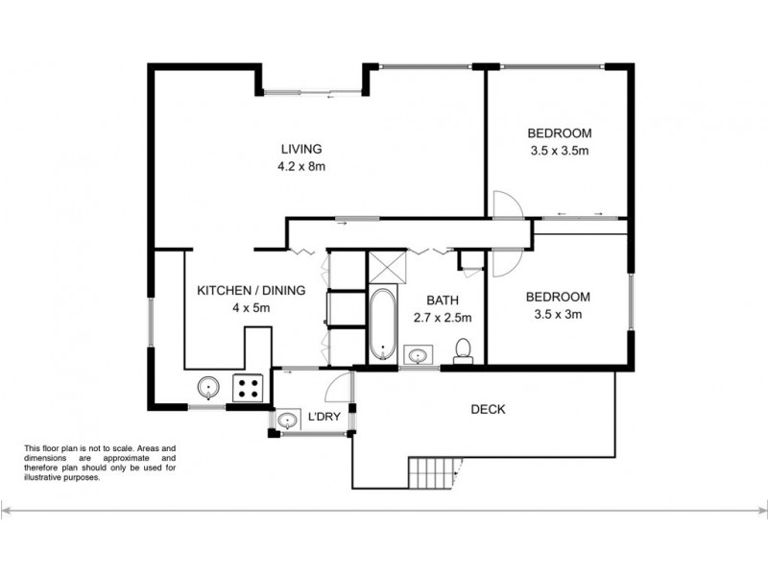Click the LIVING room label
click(300, 149)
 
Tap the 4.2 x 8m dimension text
click(300, 166)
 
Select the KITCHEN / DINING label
click(251, 290)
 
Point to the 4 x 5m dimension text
click(251, 308)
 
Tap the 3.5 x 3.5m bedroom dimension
click(559, 151)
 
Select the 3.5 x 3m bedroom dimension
click(559, 314)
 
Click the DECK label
click(488, 409)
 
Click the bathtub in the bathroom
click(382, 324)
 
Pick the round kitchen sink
click(208, 389)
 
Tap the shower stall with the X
click(386, 267)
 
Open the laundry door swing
click(337, 386)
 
